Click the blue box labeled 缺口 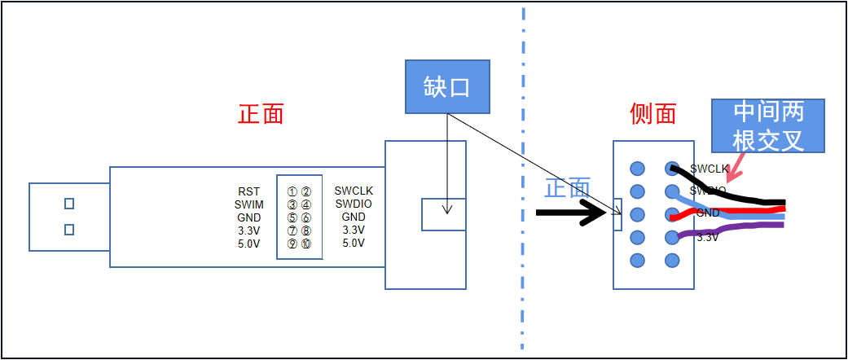point(448,86)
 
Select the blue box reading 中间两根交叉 point(768,126)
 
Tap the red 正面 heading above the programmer point(261,113)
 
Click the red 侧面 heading point(653,113)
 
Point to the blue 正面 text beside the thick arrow point(567,188)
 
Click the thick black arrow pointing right point(571,213)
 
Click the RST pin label point(249,192)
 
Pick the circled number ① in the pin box point(292,192)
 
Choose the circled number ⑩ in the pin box point(305,244)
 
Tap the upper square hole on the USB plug point(69,204)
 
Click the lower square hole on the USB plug point(69,230)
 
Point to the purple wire point(733,230)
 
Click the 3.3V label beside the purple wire point(707,238)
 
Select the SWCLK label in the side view point(709,169)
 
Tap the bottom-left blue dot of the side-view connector point(637,261)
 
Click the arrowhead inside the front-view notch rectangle point(446,209)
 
